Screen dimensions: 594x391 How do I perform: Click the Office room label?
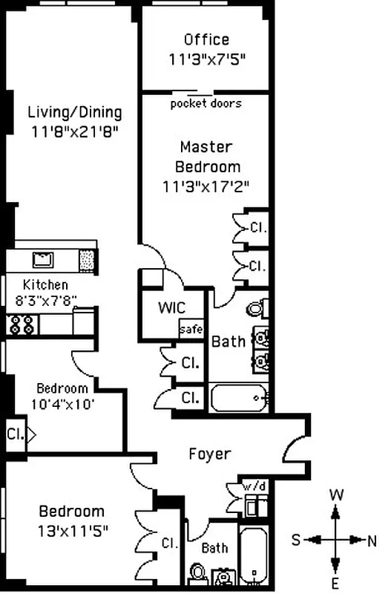pos(206,39)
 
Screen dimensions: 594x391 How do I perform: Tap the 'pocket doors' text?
pos(206,103)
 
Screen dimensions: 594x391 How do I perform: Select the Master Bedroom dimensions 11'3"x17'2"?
pos(206,187)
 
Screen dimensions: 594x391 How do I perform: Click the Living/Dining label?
pos(74,113)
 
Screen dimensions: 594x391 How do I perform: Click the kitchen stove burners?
pos(23,324)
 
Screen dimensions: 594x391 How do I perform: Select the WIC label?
pos(171,308)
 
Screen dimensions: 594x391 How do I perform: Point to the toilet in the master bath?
pos(257,307)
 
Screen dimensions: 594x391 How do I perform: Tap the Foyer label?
pos(209,454)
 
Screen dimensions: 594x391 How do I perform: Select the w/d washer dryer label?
pos(254,486)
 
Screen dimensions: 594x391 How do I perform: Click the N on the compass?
pos(371,540)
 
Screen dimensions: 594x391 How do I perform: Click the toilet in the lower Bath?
pos(197,572)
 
